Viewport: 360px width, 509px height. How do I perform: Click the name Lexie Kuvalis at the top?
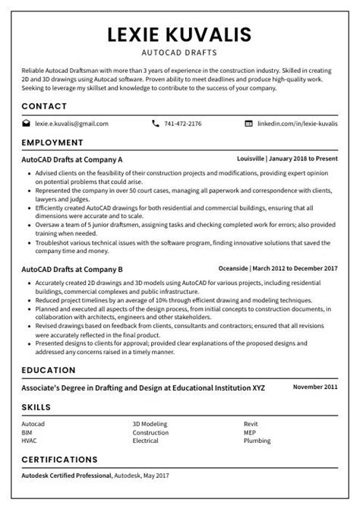[x=179, y=35]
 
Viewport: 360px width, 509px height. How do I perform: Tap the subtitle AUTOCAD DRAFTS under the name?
[x=179, y=54]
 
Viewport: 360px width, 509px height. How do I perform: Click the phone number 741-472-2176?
[x=183, y=123]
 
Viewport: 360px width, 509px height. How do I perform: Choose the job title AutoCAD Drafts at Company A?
[x=72, y=160]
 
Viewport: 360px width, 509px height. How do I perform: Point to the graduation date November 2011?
[x=315, y=387]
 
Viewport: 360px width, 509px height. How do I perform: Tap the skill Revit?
[x=251, y=425]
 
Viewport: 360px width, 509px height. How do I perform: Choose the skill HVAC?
[x=30, y=440]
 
